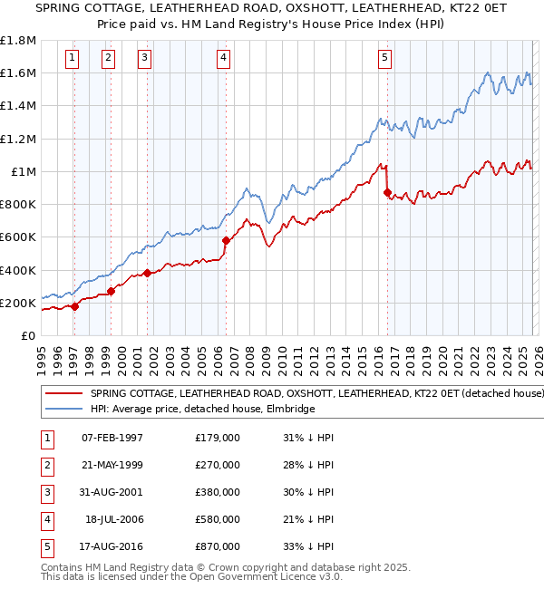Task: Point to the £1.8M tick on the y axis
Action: pos(18,41)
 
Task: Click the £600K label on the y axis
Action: pos(18,237)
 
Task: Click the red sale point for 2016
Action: pos(388,193)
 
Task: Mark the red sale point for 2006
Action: pos(226,240)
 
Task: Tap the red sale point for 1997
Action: pos(75,306)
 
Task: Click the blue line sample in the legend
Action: pos(63,410)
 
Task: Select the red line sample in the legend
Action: pos(63,394)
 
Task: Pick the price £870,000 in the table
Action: pos(218,546)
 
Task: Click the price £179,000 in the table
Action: pos(218,438)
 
